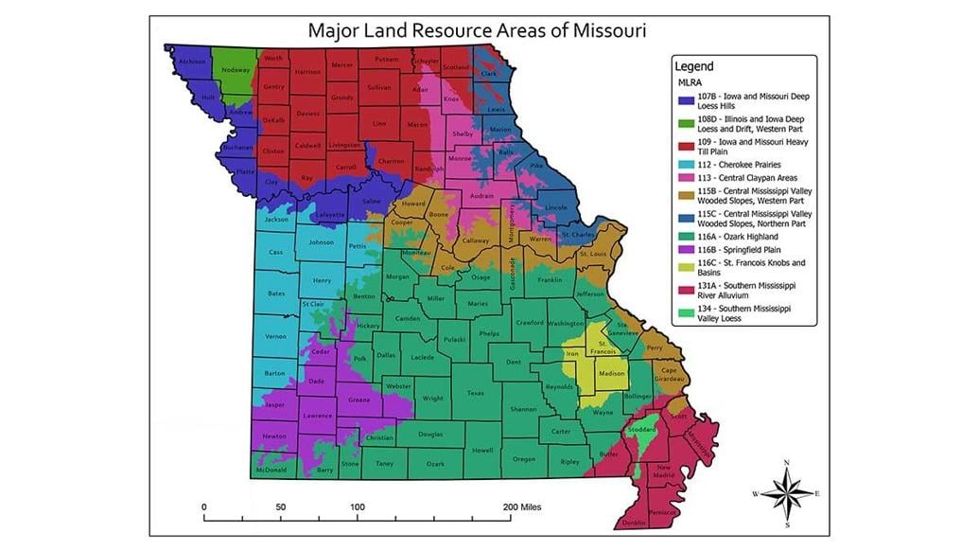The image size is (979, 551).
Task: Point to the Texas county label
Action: [475, 393]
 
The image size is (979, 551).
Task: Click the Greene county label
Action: [358, 400]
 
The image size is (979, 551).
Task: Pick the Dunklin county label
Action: [634, 523]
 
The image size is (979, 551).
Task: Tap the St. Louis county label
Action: [592, 254]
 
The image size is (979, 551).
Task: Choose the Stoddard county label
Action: [640, 430]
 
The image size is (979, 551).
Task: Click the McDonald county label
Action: [271, 470]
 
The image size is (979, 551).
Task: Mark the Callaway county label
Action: [475, 241]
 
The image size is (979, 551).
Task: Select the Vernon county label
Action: [275, 336]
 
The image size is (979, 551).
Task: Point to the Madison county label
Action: [612, 373]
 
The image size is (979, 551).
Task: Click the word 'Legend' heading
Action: [694, 66]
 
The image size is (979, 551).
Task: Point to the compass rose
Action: [787, 492]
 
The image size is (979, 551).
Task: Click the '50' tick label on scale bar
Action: [281, 507]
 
